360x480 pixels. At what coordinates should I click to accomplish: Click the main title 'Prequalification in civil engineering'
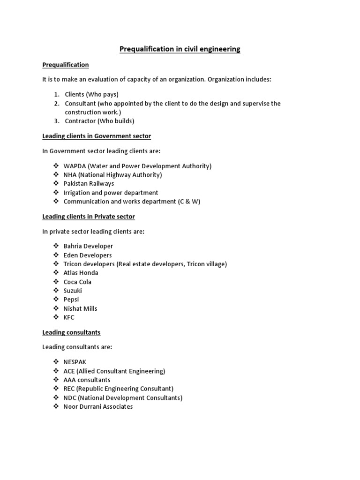coord(180,49)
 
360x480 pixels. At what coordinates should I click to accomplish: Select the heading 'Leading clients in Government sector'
coord(97,136)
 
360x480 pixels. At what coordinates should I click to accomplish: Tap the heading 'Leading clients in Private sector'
coord(89,217)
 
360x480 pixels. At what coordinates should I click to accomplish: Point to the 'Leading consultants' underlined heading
coord(71,332)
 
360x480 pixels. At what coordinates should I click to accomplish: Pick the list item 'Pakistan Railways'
coord(89,184)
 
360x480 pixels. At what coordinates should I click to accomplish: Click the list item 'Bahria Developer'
coord(88,246)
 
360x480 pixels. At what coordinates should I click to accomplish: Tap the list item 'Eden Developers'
coord(88,255)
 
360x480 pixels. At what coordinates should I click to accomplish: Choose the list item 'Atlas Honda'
coord(81,273)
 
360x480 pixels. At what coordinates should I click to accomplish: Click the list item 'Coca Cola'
coord(77,282)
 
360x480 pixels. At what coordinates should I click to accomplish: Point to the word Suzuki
coord(73,291)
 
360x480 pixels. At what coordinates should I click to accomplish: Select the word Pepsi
coord(71,300)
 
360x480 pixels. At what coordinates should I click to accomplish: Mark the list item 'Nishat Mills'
coord(80,308)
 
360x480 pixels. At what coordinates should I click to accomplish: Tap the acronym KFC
coord(69,317)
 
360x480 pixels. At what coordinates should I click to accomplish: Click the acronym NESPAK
coord(75,362)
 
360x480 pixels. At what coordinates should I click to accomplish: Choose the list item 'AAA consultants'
coord(87,380)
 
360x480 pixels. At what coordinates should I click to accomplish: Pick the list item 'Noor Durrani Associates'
coord(98,406)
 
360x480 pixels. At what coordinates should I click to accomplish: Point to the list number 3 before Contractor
coord(56,121)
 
